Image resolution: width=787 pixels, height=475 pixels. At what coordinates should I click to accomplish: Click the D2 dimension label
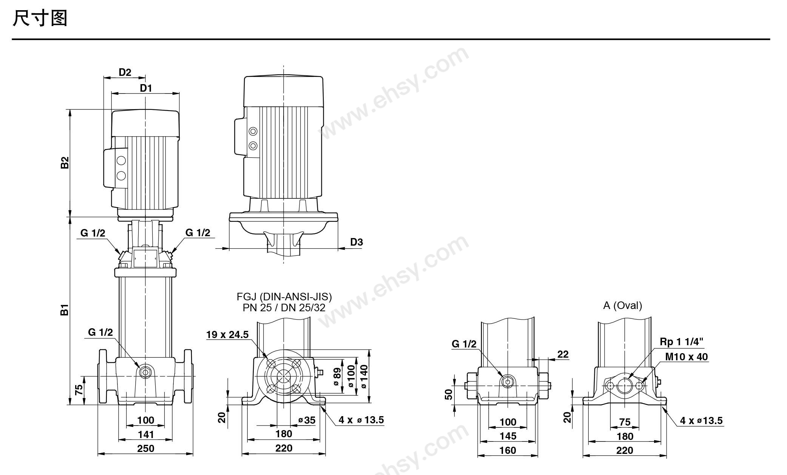coord(125,72)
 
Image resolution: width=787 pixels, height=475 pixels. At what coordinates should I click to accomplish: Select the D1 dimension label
coord(146,88)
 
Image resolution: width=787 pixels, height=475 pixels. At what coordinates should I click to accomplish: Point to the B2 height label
coord(65,163)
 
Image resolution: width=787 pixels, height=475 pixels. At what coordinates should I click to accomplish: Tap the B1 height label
coord(65,309)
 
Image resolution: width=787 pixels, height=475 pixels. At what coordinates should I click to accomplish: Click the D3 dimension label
coord(356,242)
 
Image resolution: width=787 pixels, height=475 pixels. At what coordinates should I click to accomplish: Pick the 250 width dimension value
coord(145,448)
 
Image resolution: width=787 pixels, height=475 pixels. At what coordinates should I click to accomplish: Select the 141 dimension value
coord(145,434)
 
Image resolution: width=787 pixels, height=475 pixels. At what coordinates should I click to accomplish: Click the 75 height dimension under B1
coord(79,390)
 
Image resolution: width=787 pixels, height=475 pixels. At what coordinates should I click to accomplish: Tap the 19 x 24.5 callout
coord(227,334)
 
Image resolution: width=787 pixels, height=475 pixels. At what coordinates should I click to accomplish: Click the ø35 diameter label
coord(307,420)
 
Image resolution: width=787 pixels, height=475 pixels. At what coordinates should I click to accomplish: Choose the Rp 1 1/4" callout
coord(682,341)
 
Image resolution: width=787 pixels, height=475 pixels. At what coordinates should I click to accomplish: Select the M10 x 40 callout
coord(687,357)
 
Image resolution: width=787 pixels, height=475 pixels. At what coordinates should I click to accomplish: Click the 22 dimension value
coord(563,354)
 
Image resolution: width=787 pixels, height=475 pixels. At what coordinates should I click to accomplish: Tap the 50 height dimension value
coord(448,394)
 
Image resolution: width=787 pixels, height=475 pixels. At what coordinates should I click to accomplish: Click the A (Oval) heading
coord(623,305)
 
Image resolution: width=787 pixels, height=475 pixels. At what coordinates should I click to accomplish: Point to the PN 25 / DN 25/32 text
coord(284,308)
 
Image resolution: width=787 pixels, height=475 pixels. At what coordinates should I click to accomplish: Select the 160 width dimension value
coord(508,450)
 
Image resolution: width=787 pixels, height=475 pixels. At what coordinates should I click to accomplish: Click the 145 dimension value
coord(508,436)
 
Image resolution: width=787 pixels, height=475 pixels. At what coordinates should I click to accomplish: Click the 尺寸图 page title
coord(40,18)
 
